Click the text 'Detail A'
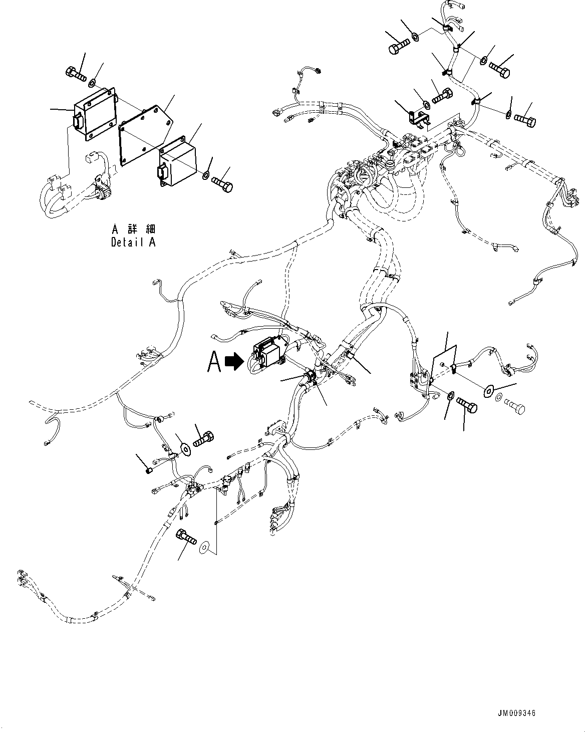coord(133,242)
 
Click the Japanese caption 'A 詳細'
coord(133,229)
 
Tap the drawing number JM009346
coord(517,713)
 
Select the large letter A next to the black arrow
coord(214,362)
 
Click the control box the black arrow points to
coord(268,353)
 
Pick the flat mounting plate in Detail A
coord(145,135)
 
